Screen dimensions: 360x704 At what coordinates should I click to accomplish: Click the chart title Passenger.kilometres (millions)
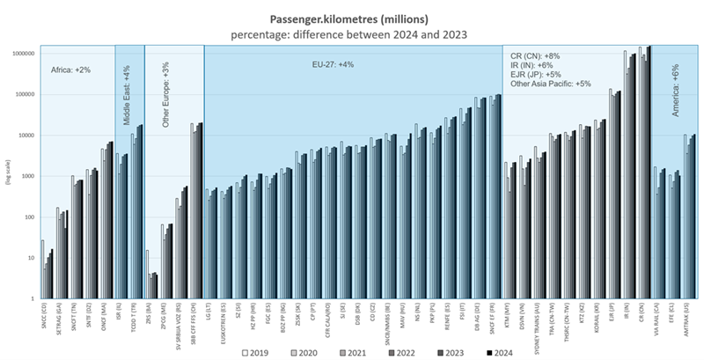(352, 18)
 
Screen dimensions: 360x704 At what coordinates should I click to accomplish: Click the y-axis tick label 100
(29, 217)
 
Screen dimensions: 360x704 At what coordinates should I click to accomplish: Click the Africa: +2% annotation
(72, 69)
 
